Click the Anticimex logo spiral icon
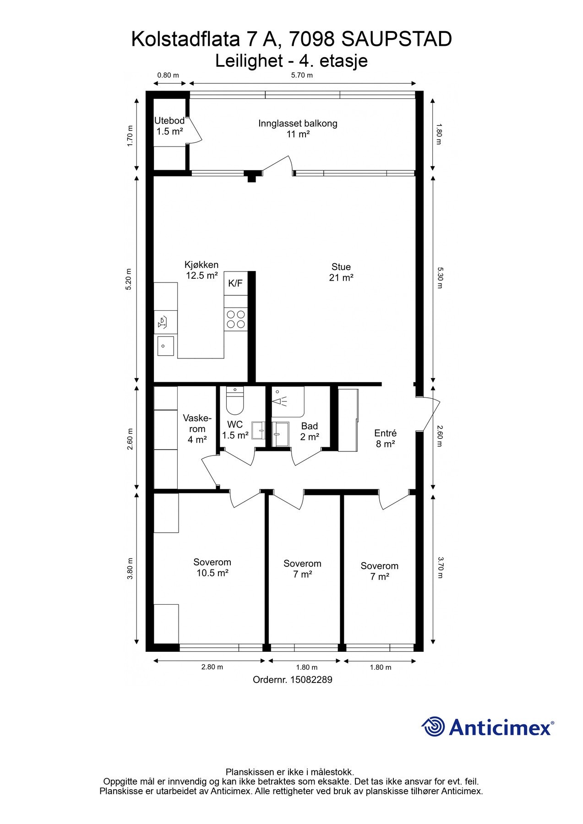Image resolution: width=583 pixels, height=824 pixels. coord(433,726)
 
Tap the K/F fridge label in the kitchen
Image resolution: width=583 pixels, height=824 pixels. coord(235,283)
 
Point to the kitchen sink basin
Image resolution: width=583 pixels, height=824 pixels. coord(165,346)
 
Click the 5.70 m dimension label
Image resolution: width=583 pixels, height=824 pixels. coord(302,75)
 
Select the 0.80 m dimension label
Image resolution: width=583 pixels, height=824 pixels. coord(168,75)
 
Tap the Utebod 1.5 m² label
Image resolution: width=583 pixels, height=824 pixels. coord(169,126)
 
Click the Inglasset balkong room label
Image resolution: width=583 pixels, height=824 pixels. coord(298,129)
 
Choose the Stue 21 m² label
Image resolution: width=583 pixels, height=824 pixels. coord(341,272)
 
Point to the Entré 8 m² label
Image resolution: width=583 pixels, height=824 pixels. coord(385,439)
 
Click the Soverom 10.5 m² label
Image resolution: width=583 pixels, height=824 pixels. coord(212,568)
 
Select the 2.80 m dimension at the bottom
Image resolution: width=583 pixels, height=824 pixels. coord(212,667)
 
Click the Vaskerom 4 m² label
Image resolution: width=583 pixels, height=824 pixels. coord(197,429)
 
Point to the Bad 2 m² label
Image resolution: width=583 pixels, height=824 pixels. coord(310,432)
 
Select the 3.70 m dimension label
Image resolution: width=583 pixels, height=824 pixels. coord(439,568)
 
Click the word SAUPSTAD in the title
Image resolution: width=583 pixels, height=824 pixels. coord(397,40)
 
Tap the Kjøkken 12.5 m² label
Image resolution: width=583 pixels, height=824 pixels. coord(202,270)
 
